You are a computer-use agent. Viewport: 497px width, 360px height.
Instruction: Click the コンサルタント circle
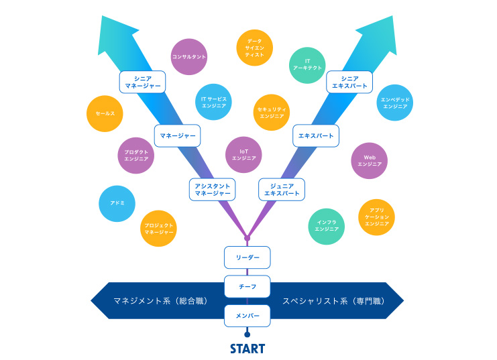click(189, 57)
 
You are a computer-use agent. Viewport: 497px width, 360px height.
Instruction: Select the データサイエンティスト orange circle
click(255, 48)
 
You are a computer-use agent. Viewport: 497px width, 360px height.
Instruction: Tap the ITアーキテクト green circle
click(308, 65)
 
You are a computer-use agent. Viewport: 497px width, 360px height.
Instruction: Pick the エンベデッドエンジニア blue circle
click(394, 103)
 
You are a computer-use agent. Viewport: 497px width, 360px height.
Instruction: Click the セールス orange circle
click(105, 113)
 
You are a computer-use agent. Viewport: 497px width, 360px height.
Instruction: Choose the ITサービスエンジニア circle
click(215, 103)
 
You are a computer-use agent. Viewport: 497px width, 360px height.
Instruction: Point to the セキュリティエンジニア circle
click(272, 112)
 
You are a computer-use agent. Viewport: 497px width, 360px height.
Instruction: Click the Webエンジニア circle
click(370, 160)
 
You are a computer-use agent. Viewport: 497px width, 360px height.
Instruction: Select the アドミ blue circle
click(117, 203)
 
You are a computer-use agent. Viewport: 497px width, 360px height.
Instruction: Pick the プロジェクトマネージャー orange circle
click(159, 228)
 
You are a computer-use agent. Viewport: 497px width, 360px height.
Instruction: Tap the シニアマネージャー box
click(143, 82)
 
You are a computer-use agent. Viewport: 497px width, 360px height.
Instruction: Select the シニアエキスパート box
click(349, 82)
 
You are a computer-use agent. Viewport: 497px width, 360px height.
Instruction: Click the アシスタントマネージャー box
click(213, 189)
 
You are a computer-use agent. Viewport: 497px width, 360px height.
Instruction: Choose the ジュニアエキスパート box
click(282, 189)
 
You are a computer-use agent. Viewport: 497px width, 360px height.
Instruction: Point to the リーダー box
click(247, 257)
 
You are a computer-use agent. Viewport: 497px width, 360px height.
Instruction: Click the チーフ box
click(247, 286)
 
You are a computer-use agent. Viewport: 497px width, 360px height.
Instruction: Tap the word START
click(247, 349)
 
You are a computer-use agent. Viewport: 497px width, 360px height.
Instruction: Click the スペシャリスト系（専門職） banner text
click(333, 301)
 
